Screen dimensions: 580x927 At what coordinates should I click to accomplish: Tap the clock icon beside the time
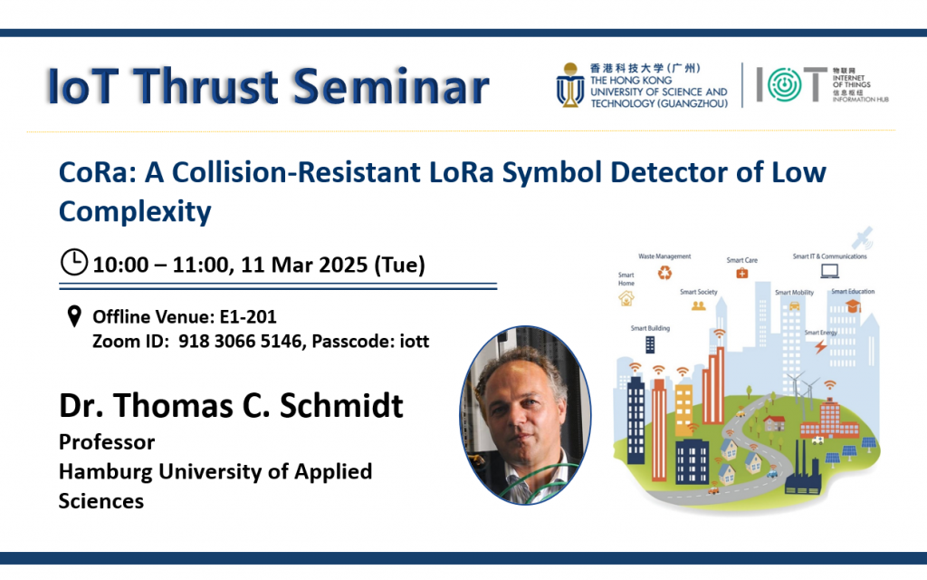[73, 263]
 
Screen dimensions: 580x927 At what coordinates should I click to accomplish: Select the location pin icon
[74, 317]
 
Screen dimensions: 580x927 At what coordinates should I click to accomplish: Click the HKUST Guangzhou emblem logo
[570, 86]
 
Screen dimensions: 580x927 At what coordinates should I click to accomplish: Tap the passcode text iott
[412, 342]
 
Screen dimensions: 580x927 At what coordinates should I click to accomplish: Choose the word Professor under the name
[107, 442]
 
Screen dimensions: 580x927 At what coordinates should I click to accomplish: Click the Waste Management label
[664, 256]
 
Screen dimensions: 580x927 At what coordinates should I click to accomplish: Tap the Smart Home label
[626, 279]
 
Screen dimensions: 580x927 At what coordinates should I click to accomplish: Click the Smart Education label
[853, 292]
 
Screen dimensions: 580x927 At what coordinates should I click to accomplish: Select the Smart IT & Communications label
[829, 256]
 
